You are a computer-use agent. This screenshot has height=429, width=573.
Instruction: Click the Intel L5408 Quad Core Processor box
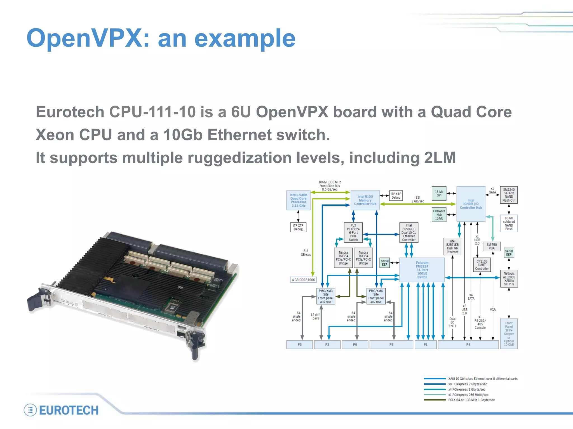(298, 200)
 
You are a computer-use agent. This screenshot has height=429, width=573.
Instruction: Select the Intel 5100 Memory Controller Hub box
(365, 200)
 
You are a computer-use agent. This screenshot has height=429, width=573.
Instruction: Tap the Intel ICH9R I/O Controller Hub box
(471, 204)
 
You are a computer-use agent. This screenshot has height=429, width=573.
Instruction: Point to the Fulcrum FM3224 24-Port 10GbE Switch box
(422, 270)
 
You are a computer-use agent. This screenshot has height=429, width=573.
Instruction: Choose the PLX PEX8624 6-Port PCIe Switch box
(353, 232)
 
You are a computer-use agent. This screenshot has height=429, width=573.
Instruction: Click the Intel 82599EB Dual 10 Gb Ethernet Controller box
(409, 232)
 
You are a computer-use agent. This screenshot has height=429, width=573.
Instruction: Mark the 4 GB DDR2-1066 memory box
(303, 280)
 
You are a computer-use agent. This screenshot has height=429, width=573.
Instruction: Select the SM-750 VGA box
(492, 247)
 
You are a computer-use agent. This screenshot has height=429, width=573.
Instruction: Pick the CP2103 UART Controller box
(482, 265)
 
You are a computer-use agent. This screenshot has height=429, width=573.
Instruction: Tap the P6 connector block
(355, 345)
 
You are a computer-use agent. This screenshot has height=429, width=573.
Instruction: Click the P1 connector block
(425, 345)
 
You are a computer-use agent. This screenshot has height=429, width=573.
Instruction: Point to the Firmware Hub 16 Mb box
(439, 215)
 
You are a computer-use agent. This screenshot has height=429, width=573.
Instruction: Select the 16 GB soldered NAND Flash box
(509, 223)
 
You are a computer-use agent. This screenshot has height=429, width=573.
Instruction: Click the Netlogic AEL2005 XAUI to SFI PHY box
(509, 279)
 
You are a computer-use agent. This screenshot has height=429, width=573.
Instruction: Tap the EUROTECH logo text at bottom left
(69, 410)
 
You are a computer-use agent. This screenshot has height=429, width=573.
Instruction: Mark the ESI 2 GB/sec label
(418, 199)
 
